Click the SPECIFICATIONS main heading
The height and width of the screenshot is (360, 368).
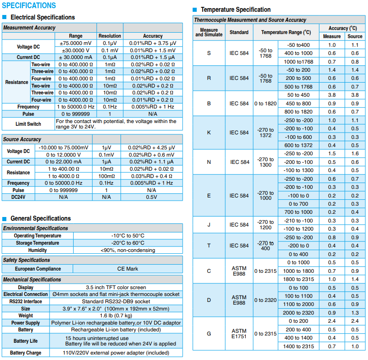coord(29,6)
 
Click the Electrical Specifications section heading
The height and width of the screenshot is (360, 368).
coord(42,17)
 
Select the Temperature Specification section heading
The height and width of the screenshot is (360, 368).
coord(235,10)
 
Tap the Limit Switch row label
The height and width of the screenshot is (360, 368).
coord(28,124)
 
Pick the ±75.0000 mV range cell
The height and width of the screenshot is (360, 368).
coord(75,43)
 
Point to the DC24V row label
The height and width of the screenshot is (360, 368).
coord(18,197)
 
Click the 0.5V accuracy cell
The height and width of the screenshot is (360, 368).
coord(151,197)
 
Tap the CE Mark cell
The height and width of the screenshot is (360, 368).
coord(128,269)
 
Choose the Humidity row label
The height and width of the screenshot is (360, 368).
coord(37,250)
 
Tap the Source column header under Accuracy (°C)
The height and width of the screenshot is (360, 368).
coord(355,36)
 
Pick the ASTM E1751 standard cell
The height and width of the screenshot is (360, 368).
coord(239,334)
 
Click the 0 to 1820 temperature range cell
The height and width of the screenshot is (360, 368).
coord(265,104)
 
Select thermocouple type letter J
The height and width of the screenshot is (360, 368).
coord(209,225)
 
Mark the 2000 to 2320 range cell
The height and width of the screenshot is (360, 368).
coord(298,313)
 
